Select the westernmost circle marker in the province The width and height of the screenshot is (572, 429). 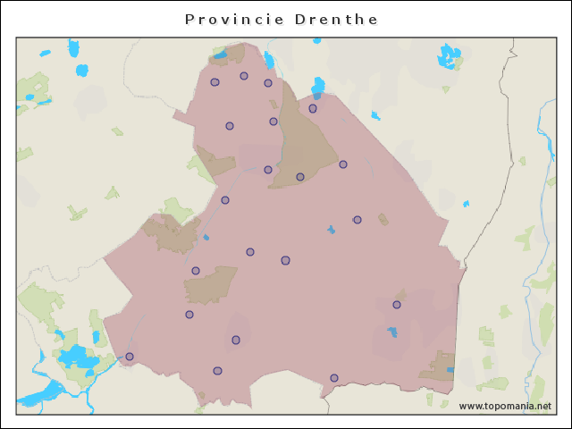click(x=130, y=357)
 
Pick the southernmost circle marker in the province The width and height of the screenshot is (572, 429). click(x=334, y=378)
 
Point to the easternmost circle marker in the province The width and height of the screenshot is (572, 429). click(x=397, y=305)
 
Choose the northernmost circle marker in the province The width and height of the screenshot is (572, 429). click(x=244, y=76)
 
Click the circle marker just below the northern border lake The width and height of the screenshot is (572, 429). click(x=313, y=108)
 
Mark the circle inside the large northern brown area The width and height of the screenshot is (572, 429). click(x=300, y=177)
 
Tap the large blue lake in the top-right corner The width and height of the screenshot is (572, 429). click(x=446, y=56)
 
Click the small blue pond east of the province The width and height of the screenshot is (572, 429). click(x=466, y=204)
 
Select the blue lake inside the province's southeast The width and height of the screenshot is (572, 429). click(x=392, y=332)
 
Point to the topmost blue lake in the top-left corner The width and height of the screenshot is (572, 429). click(x=73, y=46)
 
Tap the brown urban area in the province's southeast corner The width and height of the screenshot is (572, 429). click(x=438, y=366)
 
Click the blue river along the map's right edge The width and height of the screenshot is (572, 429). click(x=542, y=134)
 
